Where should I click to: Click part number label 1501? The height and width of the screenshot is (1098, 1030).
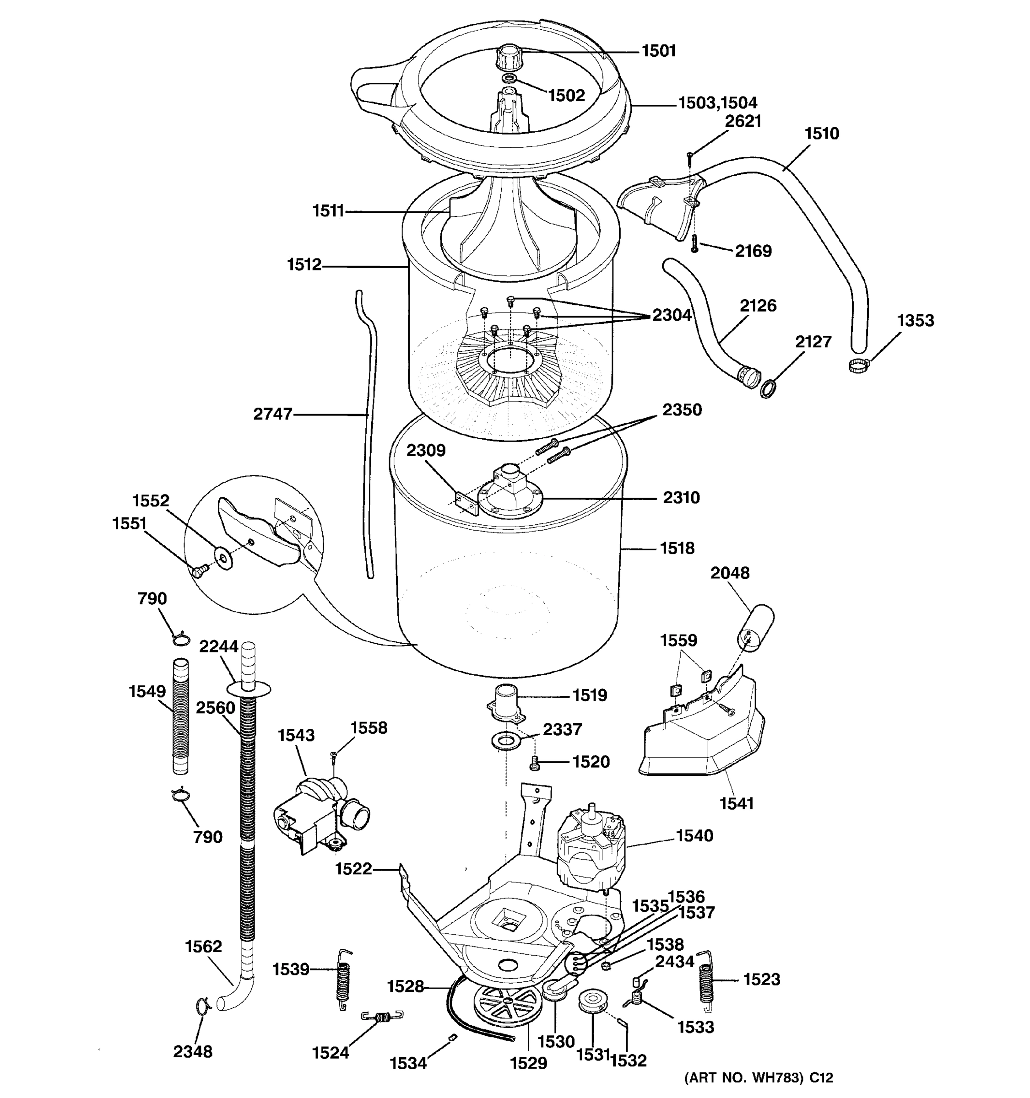click(x=659, y=51)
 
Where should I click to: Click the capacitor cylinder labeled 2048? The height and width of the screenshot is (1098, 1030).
click(x=754, y=627)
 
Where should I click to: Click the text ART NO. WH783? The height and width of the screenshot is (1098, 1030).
click(x=743, y=1077)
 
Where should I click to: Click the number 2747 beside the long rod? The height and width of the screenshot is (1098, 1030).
click(x=272, y=414)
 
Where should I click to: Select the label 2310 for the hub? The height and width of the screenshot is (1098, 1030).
click(x=681, y=498)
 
